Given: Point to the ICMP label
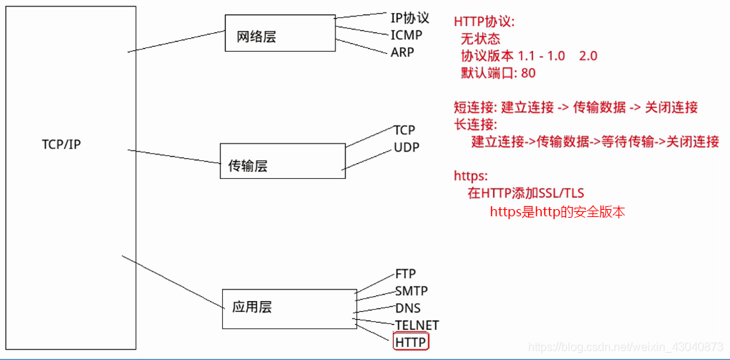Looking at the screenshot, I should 406,34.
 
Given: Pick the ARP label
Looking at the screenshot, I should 402,52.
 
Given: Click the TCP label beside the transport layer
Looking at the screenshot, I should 404,130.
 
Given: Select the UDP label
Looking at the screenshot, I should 406,148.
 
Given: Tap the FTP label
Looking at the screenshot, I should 405,274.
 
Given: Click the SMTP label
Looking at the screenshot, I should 411,291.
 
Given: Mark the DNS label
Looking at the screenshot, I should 407,308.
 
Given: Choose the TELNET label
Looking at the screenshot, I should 417,325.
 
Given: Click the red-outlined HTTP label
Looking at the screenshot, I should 411,342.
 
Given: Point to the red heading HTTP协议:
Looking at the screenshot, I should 484,22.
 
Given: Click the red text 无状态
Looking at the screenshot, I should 481,39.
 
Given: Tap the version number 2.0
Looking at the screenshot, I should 587,56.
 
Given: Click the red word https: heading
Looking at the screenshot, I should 471,176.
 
